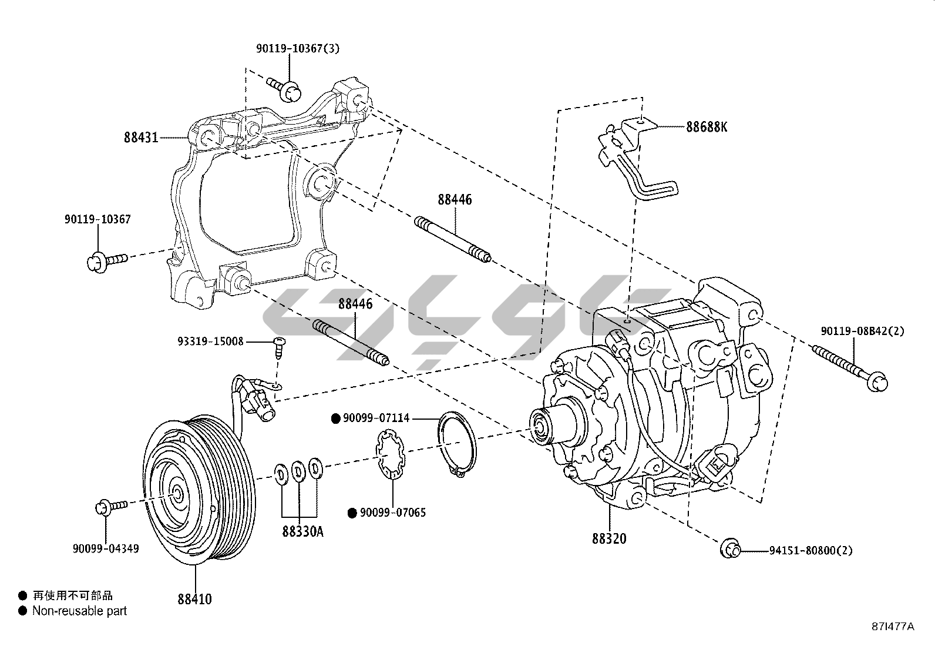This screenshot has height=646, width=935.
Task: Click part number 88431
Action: click(x=141, y=138)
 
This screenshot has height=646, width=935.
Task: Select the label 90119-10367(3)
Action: click(x=297, y=49)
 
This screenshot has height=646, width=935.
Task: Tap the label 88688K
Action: click(x=707, y=126)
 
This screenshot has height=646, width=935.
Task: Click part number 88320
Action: click(x=609, y=538)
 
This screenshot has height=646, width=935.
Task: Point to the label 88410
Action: click(x=194, y=599)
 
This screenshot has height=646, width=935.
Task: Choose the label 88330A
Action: click(x=302, y=532)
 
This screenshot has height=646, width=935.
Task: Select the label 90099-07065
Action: click(x=392, y=513)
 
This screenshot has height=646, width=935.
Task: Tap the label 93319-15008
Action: click(x=210, y=342)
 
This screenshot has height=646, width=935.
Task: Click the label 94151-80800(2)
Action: click(x=810, y=551)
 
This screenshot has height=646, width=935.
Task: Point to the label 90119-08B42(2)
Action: click(x=862, y=332)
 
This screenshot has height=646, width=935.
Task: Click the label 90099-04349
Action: click(x=106, y=548)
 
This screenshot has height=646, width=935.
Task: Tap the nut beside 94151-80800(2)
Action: click(x=729, y=548)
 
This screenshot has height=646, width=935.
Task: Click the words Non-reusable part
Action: click(x=79, y=611)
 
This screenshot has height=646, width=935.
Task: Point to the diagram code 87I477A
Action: click(x=893, y=626)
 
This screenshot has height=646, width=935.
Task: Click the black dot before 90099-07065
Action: click(x=352, y=513)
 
